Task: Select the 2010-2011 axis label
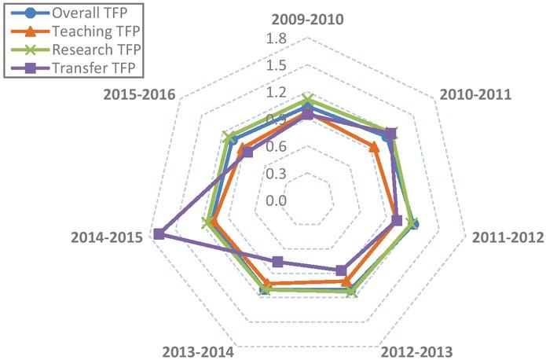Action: [476, 94]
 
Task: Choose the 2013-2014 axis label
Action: [198, 351]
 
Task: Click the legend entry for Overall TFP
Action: [75, 13]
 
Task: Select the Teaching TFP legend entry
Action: [78, 31]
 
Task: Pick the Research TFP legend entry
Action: [79, 49]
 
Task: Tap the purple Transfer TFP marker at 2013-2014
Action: [277, 261]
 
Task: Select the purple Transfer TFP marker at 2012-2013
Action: [341, 270]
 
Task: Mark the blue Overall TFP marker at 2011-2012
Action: [414, 224]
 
